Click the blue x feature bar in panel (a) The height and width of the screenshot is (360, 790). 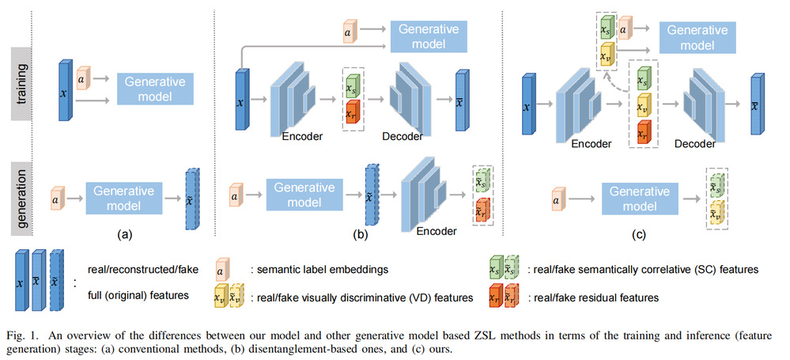point(66,93)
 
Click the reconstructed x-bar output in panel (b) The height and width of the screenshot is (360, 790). point(461,99)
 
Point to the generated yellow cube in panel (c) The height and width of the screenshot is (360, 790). point(716,214)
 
